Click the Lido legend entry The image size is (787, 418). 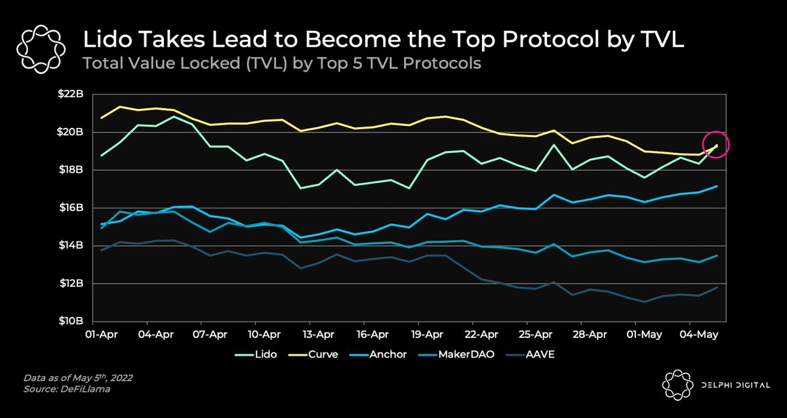pos(256,354)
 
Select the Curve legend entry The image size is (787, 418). pos(313,354)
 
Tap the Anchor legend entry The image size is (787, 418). pos(378,354)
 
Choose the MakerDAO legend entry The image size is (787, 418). pos(456,354)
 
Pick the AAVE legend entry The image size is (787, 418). pos(530,354)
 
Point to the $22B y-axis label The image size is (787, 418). pos(71,94)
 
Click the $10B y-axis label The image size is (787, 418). pos(71,321)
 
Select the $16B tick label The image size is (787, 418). pos(71,207)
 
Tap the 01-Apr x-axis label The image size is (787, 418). pos(101,334)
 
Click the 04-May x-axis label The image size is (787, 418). pos(699,334)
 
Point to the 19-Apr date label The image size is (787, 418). pos(427,334)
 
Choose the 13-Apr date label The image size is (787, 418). pos(318,334)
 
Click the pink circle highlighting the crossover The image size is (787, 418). pos(716,131)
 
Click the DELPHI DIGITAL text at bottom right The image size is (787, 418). pos(736,385)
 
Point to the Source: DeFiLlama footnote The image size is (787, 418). pos(67,389)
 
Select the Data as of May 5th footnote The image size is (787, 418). pos(78,378)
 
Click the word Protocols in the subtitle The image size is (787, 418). pos(441,63)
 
